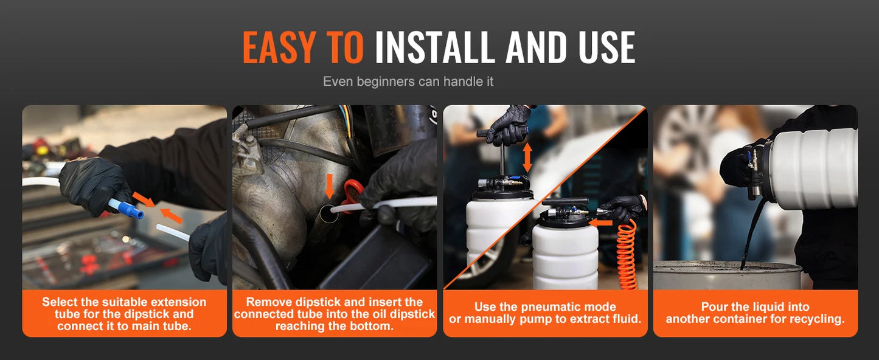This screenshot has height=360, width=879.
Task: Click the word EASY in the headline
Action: [x=279, y=47]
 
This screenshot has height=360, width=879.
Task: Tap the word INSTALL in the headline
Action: [x=435, y=47]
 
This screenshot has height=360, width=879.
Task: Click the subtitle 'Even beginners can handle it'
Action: [x=408, y=81]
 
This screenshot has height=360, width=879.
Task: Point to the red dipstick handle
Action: [x=352, y=195]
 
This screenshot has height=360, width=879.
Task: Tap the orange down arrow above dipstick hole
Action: [x=330, y=186]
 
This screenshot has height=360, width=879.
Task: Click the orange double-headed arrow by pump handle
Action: [x=527, y=157]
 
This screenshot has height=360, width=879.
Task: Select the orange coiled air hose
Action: [x=627, y=255]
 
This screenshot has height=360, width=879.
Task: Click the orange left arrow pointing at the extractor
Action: [x=600, y=224]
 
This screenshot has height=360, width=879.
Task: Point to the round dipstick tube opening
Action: [x=328, y=214]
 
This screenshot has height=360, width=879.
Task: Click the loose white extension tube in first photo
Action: [x=173, y=232]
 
